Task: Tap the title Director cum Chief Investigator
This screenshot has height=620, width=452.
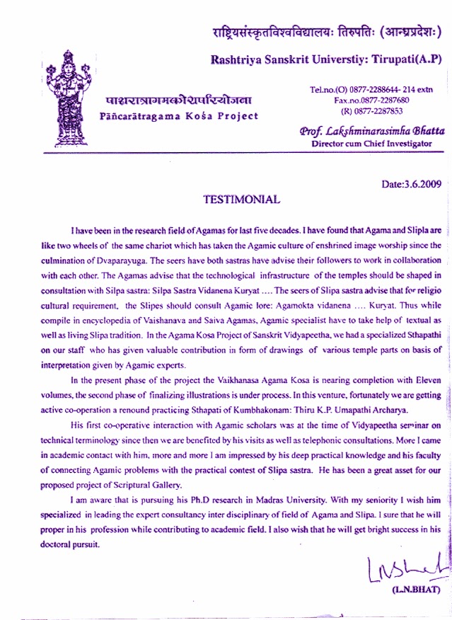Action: pos(371,143)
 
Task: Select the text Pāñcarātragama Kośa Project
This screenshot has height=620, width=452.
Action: pos(180,116)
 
